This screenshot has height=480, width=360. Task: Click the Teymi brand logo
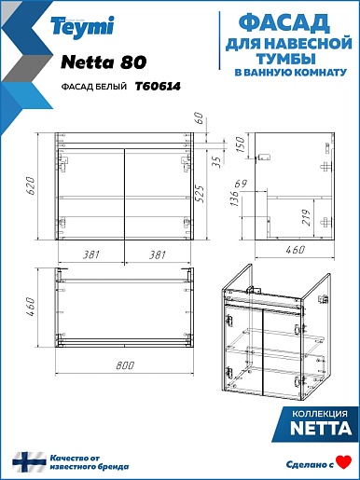point(82,27)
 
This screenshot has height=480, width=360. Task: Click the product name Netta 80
point(104,62)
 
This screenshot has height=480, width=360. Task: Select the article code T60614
point(158,86)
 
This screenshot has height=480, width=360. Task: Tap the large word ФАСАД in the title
point(284,23)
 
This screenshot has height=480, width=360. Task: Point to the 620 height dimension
point(31,185)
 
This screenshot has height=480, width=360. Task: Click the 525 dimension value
point(200,194)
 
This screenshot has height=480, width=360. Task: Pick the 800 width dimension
point(125,365)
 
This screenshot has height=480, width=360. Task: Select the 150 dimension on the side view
point(241,144)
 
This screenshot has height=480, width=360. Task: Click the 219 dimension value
point(306,217)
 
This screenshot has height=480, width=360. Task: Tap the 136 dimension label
point(234,199)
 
